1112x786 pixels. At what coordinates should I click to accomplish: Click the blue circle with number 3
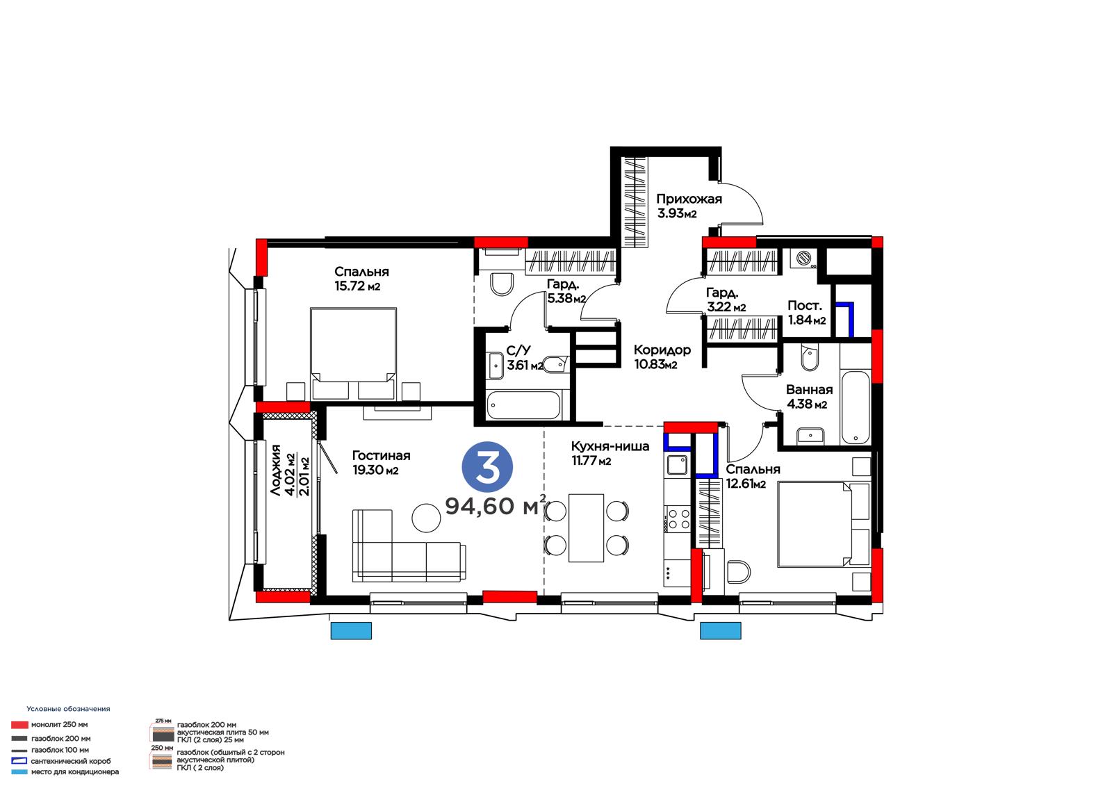click(487, 467)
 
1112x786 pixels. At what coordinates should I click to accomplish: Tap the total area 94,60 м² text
click(496, 505)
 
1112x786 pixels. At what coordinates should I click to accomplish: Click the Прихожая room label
click(689, 199)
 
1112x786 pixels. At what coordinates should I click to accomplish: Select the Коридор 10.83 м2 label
click(662, 357)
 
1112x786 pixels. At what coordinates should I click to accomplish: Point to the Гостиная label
click(382, 455)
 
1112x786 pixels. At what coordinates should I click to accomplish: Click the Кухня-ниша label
click(610, 446)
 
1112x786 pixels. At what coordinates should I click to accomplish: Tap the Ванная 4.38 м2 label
click(809, 397)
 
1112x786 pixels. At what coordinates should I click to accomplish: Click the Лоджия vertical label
click(276, 470)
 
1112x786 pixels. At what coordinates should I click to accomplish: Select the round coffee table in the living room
click(426, 518)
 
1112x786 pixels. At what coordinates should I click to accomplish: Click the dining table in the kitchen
click(587, 527)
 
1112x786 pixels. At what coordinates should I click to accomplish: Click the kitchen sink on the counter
click(677, 465)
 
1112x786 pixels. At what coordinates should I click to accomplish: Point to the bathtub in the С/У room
click(524, 405)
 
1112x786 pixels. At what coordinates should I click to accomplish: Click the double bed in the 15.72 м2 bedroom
click(354, 354)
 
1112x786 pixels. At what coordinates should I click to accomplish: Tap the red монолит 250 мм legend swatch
click(19, 725)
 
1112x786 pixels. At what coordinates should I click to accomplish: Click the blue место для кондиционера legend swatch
click(19, 772)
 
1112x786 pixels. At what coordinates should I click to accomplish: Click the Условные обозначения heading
click(69, 709)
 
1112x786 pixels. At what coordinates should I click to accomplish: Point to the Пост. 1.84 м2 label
click(807, 313)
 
